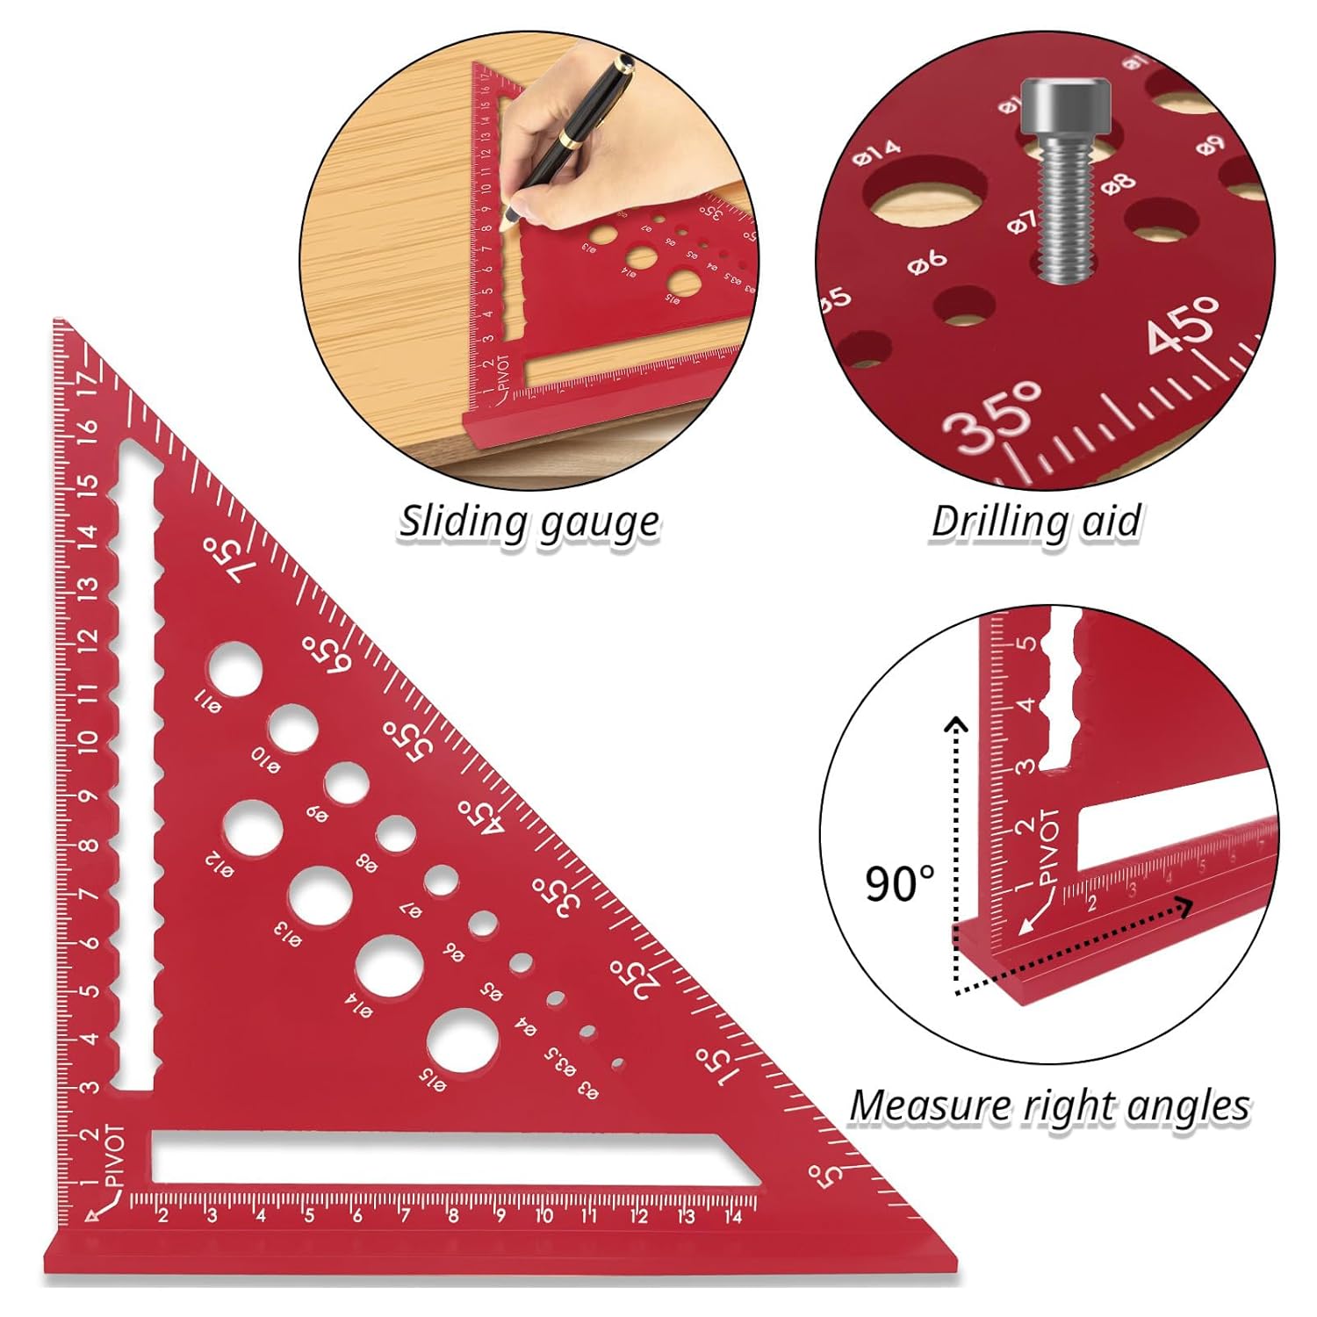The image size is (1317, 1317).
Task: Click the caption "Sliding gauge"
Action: [529, 522]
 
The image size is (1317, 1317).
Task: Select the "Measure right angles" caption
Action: [1049, 1105]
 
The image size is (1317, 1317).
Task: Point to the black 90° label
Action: [900, 882]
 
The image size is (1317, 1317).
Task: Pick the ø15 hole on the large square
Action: [462, 1041]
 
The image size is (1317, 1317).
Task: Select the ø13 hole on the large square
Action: [320, 896]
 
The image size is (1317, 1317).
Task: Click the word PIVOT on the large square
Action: [115, 1155]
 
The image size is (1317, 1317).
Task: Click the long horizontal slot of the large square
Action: [439, 1158]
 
